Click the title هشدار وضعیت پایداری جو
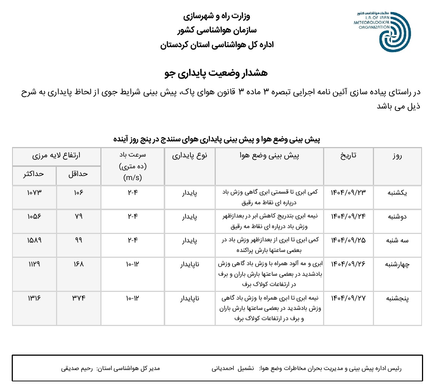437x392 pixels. (x=216, y=73)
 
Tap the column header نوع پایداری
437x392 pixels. (x=190, y=155)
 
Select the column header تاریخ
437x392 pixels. (x=348, y=155)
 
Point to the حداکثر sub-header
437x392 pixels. (x=34, y=174)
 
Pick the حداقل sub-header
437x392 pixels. (x=78, y=174)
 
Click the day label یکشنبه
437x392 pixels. (x=397, y=193)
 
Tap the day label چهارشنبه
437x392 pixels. (x=397, y=264)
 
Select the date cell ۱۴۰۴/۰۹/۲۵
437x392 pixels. (x=348, y=240)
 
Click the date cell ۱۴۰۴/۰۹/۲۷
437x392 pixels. (x=348, y=298)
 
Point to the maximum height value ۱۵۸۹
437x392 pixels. (x=34, y=240)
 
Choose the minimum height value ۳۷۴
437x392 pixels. (x=79, y=298)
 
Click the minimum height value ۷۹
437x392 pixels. (x=79, y=216)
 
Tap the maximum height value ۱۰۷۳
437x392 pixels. (x=34, y=193)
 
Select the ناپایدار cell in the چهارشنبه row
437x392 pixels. (x=190, y=264)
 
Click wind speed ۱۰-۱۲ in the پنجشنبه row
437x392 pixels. (x=133, y=298)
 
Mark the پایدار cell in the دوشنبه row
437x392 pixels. (x=190, y=216)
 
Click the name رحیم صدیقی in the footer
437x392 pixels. (x=77, y=368)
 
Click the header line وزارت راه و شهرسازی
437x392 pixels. (x=216, y=16)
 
